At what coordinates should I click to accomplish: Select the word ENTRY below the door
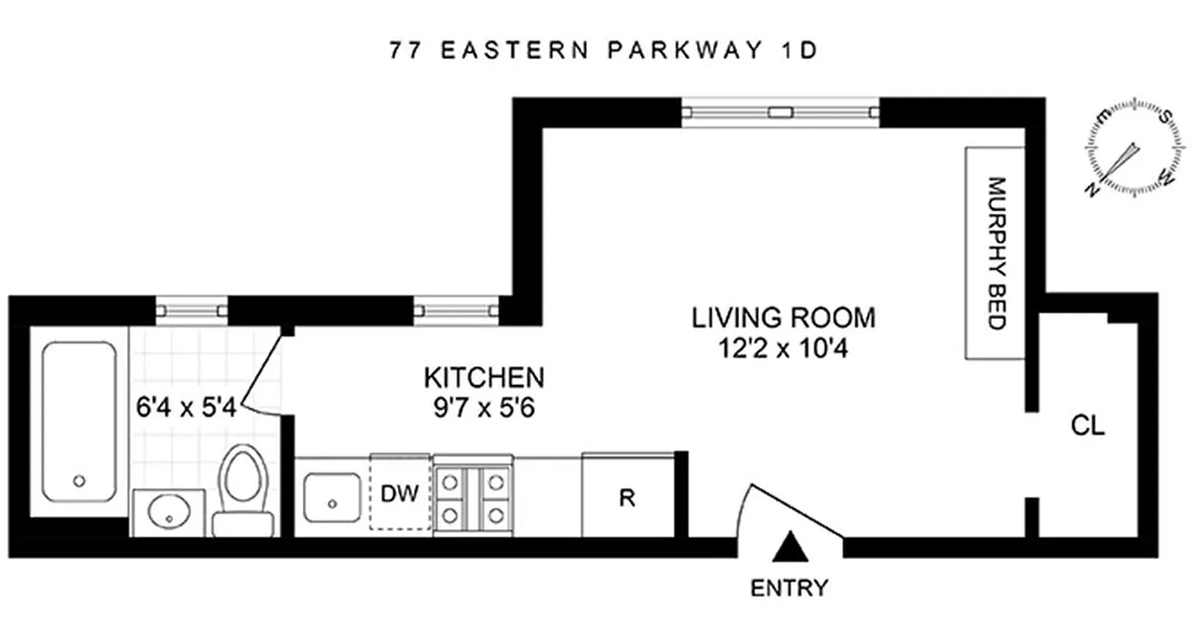(x=789, y=589)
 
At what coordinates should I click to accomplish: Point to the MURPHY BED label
(x=995, y=253)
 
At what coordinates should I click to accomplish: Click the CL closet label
(x=1088, y=427)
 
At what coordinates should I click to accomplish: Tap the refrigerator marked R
(x=628, y=496)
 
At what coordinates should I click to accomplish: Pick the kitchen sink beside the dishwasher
(x=332, y=496)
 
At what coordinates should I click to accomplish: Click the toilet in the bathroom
(x=244, y=490)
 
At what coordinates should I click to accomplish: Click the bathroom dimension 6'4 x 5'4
(x=184, y=408)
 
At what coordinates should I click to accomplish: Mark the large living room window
(x=781, y=112)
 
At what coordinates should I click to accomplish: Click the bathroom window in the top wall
(x=191, y=309)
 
